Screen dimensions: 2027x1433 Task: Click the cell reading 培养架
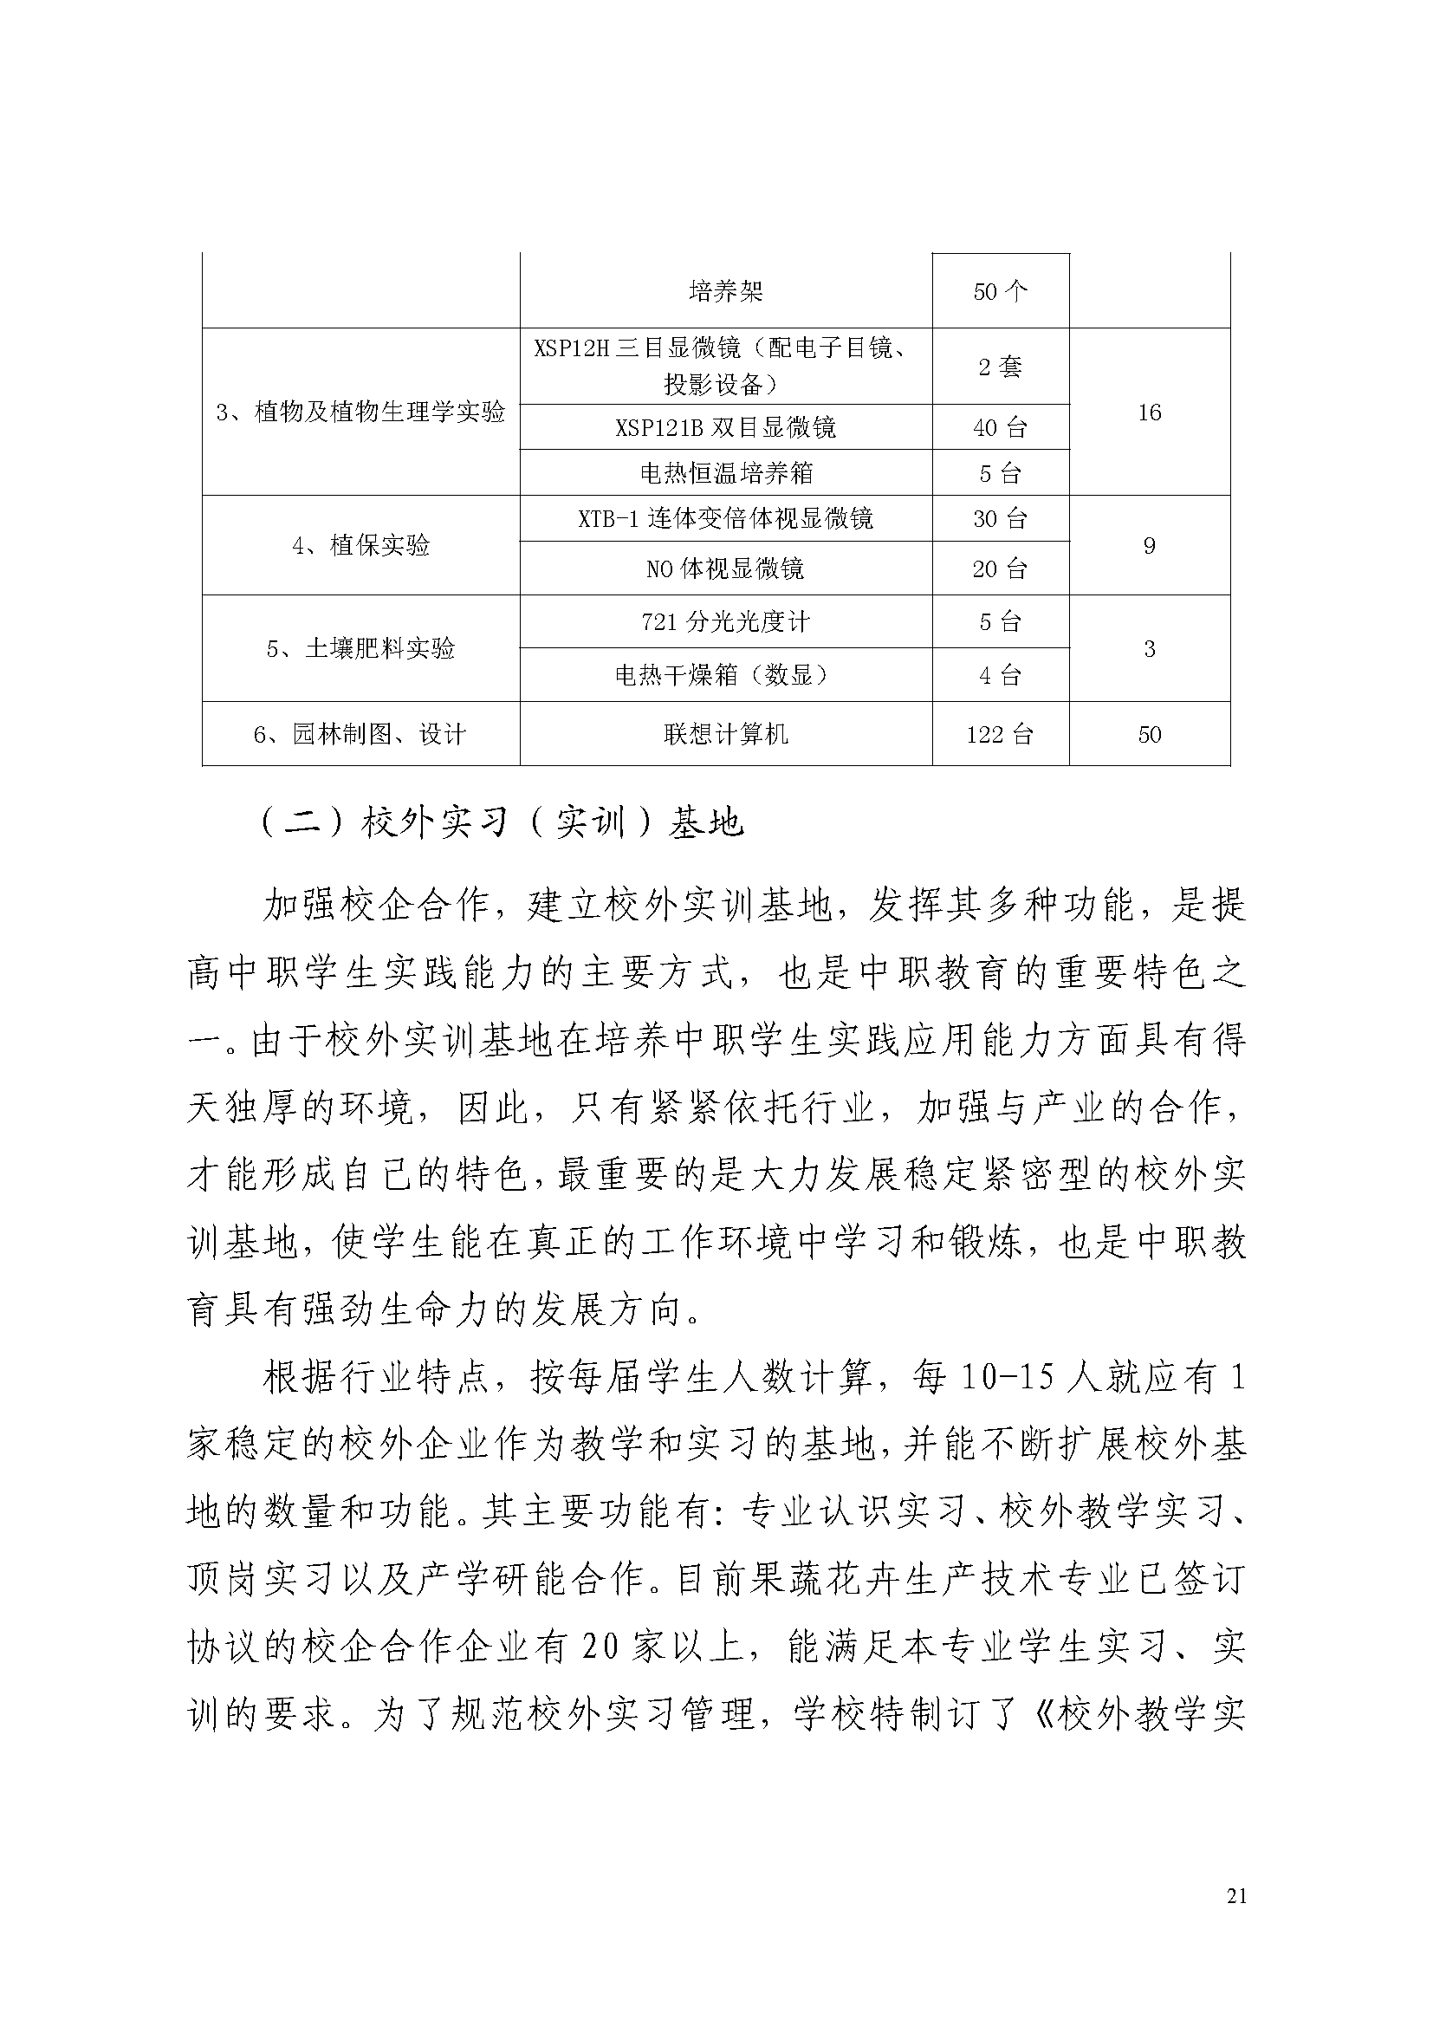[x=725, y=291]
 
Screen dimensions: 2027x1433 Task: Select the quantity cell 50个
[x=1000, y=292]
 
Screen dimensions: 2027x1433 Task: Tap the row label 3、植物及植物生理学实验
[x=361, y=412]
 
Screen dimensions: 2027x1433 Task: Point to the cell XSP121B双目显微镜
[x=725, y=428]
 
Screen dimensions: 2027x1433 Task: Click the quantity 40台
[x=1000, y=428]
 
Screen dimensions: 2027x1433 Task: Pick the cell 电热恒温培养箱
[x=725, y=473]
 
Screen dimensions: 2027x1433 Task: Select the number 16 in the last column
[x=1149, y=413]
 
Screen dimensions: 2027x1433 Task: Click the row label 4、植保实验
[x=361, y=546]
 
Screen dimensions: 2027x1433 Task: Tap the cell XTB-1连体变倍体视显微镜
[x=725, y=518]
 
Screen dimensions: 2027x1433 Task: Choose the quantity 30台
[x=1000, y=519]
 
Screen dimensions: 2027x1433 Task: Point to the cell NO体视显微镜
[x=725, y=569]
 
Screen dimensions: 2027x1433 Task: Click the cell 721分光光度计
[x=725, y=622]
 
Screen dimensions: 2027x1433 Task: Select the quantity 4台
[x=1000, y=676]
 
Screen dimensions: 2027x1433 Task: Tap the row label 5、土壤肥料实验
[x=361, y=649]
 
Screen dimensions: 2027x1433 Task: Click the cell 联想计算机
[x=725, y=735]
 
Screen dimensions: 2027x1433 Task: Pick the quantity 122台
[x=1000, y=735]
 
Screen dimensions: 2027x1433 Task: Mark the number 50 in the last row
[x=1149, y=735]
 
